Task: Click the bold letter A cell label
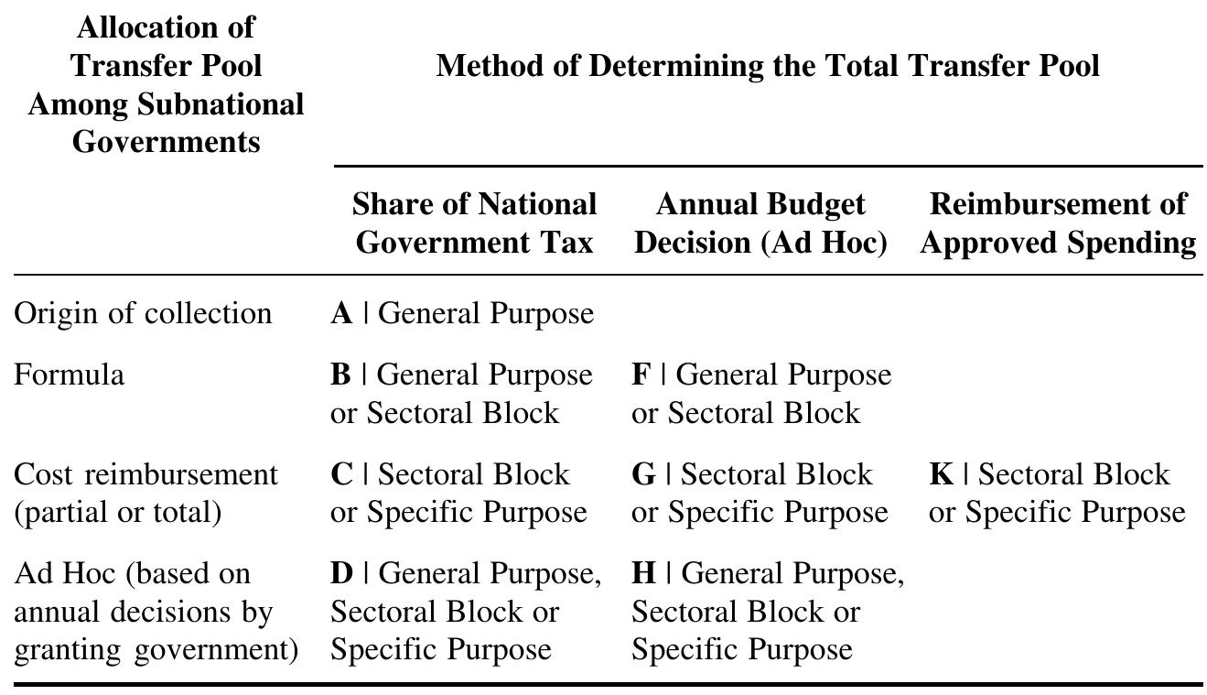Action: click(342, 314)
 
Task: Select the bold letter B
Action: click(341, 375)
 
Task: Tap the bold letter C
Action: click(342, 475)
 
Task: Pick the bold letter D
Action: click(342, 574)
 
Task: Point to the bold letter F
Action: click(641, 375)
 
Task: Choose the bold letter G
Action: click(643, 475)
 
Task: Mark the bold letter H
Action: click(644, 574)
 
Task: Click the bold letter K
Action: click(942, 475)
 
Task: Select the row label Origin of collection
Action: click(143, 314)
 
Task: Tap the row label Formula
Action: click(70, 375)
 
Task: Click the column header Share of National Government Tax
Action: click(474, 223)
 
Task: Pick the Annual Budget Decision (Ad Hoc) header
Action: click(760, 223)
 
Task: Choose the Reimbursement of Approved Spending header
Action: click(1058, 223)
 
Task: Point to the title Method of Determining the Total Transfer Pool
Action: click(768, 66)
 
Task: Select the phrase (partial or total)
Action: click(118, 512)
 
